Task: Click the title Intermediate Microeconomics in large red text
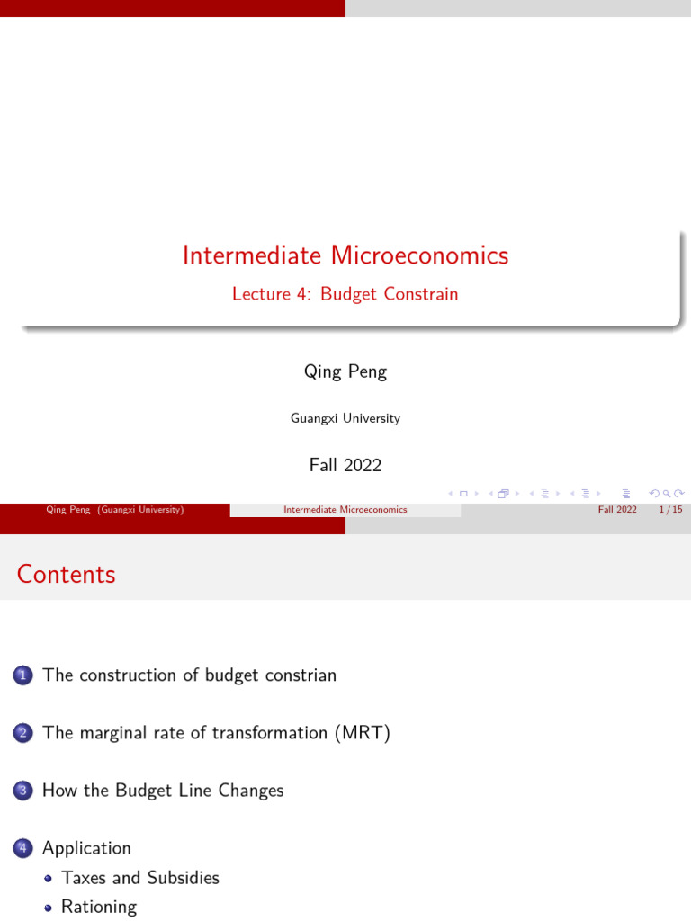pos(345,255)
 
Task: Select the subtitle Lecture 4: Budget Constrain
pos(345,294)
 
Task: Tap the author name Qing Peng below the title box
pos(345,371)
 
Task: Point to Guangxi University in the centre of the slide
pos(345,418)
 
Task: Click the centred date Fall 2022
pos(345,465)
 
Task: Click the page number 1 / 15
pos(670,509)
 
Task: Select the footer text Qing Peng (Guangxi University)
pos(115,509)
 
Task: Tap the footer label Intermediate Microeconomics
pos(345,509)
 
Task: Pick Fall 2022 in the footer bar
pos(617,509)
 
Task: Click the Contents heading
pos(67,575)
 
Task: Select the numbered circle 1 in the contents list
pos(22,675)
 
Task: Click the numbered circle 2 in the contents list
pos(22,733)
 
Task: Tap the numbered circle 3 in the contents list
pos(22,791)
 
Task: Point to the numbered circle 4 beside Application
pos(22,848)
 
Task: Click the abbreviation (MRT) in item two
pos(363,733)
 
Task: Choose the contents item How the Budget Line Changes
pos(163,791)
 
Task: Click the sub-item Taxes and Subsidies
pos(140,878)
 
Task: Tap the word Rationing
pos(99,907)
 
